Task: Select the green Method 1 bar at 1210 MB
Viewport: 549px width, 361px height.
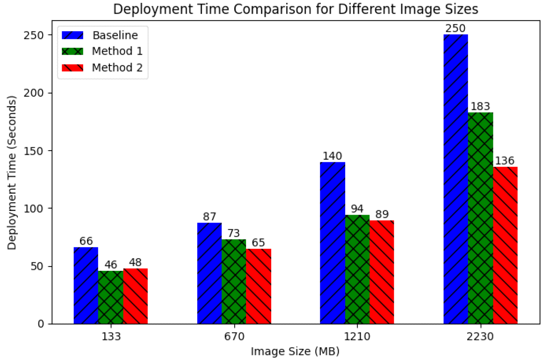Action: point(357,269)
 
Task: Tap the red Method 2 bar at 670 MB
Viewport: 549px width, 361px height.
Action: point(259,286)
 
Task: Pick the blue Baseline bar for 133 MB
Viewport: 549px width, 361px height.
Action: point(86,285)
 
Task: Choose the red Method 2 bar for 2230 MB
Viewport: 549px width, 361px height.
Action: point(505,245)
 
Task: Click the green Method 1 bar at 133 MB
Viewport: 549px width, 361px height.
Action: point(111,297)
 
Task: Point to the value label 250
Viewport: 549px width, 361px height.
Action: point(455,28)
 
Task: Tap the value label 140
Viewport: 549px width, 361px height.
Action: point(332,156)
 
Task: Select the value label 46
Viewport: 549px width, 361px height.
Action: point(111,265)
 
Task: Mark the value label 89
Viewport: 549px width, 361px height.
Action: point(382,214)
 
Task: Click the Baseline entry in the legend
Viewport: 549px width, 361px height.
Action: point(114,36)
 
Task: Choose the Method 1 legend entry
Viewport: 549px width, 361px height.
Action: point(117,51)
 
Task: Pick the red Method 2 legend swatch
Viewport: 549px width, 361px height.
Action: point(72,68)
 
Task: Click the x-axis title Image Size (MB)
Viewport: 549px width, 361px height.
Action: point(295,351)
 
